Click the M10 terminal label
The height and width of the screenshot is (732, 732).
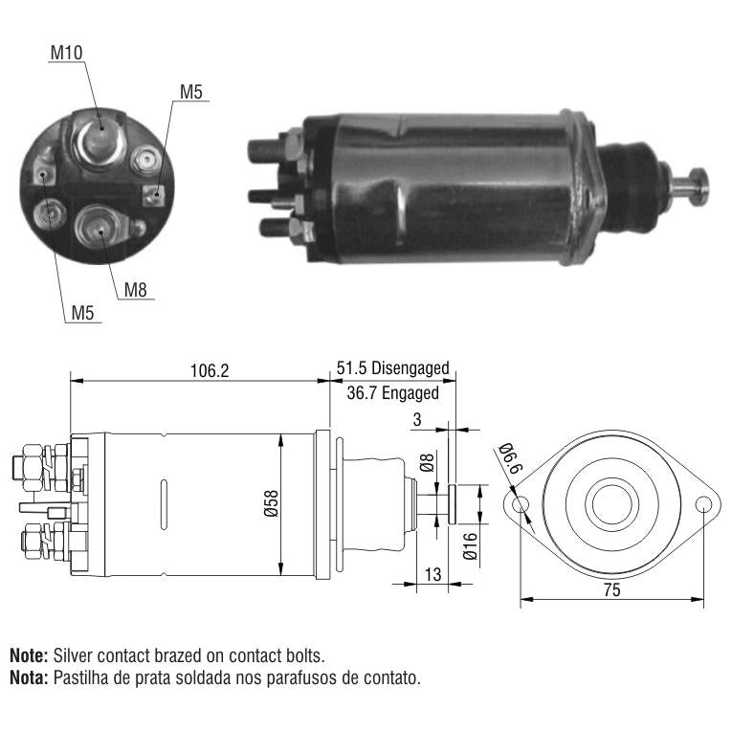[x=66, y=53]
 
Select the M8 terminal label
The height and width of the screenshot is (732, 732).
[x=135, y=290]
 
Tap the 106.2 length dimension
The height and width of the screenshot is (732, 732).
[x=210, y=370]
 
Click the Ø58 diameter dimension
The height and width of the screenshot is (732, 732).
[x=271, y=503]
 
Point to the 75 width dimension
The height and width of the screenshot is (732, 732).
[x=611, y=590]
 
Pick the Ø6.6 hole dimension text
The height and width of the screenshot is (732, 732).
[x=511, y=458]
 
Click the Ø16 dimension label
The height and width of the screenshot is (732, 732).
[x=470, y=545]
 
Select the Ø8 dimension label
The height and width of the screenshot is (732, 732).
[x=427, y=462]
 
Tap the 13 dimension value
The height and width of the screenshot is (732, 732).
[x=433, y=574]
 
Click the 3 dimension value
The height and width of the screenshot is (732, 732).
[x=417, y=420]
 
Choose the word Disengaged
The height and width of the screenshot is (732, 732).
[x=410, y=368]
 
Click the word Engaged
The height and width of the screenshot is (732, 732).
[x=410, y=393]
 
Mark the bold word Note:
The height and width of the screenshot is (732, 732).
[x=29, y=655]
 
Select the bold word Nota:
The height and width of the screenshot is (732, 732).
[x=29, y=677]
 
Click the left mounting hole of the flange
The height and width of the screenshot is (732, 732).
[x=521, y=504]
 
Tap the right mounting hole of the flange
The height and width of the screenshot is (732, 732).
[x=703, y=504]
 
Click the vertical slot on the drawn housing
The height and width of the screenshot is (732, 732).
[x=164, y=504]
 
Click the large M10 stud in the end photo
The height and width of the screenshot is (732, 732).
[x=99, y=141]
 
